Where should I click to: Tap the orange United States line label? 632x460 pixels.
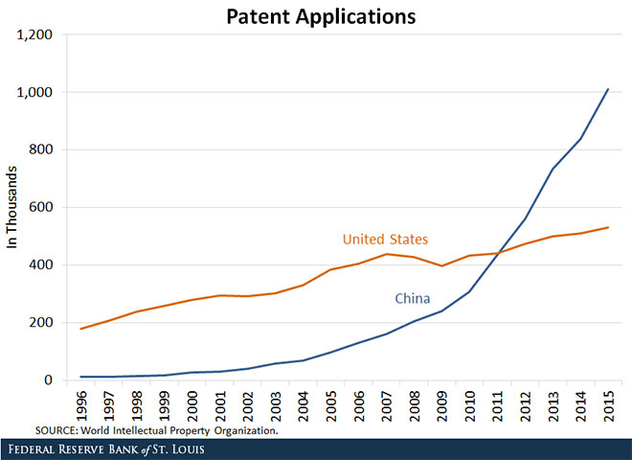click(x=385, y=239)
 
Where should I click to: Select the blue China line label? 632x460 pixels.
click(x=413, y=299)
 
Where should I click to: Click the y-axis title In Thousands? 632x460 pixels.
click(x=13, y=208)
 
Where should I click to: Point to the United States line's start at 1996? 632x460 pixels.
click(x=82, y=329)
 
